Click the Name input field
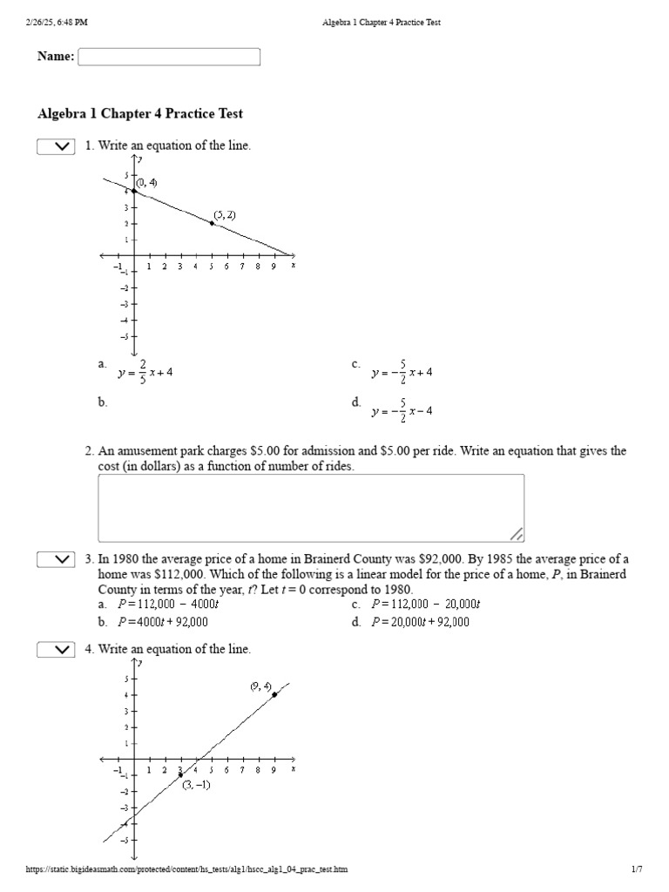point(169,57)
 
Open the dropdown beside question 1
point(56,147)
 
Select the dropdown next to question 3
point(56,559)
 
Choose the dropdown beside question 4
point(56,650)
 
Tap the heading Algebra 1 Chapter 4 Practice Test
point(140,114)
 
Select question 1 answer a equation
point(145,372)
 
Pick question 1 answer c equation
point(402,372)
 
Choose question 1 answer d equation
point(402,410)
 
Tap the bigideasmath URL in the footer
point(191,869)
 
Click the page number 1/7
point(636,869)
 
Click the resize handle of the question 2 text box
point(516,533)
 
